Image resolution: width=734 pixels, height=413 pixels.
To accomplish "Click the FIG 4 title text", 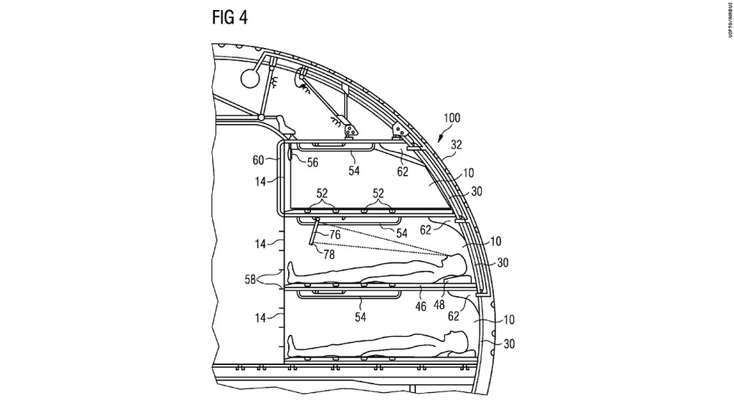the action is tap(229, 17).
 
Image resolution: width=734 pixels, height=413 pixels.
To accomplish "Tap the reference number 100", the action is tap(452, 118).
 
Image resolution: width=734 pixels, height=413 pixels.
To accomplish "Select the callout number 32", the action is tap(456, 145).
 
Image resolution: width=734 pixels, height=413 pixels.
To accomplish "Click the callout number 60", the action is tap(258, 160).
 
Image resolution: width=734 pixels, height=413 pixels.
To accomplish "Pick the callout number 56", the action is tap(313, 163).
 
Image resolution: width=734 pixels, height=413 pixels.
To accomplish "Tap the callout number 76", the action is tap(335, 234).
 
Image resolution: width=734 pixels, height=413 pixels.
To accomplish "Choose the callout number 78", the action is tap(329, 255).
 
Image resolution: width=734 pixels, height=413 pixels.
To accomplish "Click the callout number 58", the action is tap(250, 280).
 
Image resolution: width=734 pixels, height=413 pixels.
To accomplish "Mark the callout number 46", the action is tap(421, 306).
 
